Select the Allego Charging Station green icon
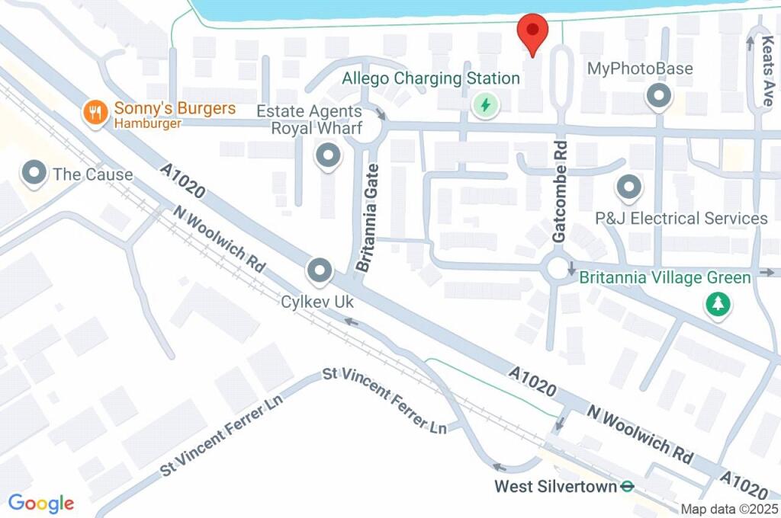coord(484,104)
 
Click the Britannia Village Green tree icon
coord(718,305)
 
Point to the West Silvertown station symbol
coord(627,485)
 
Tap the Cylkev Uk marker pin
coord(320,270)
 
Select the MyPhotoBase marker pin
coord(657,97)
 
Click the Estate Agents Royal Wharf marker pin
coord(329,157)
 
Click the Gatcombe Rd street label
coord(560,191)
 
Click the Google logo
coord(41,503)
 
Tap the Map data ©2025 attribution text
coord(730,510)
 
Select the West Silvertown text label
coord(554,486)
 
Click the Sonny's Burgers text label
coord(175,108)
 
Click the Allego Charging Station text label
coord(430,78)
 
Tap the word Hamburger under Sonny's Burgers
coord(148,123)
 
